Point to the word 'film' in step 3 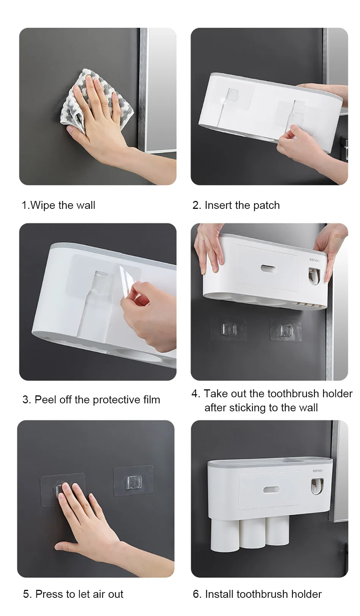point(152,400)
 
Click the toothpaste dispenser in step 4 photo point(314,276)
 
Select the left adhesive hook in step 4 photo point(229,329)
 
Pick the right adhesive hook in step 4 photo point(285,329)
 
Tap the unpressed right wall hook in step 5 point(133,480)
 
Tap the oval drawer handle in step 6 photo point(271,489)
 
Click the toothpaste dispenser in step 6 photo point(317,486)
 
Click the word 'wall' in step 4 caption point(307,408)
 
